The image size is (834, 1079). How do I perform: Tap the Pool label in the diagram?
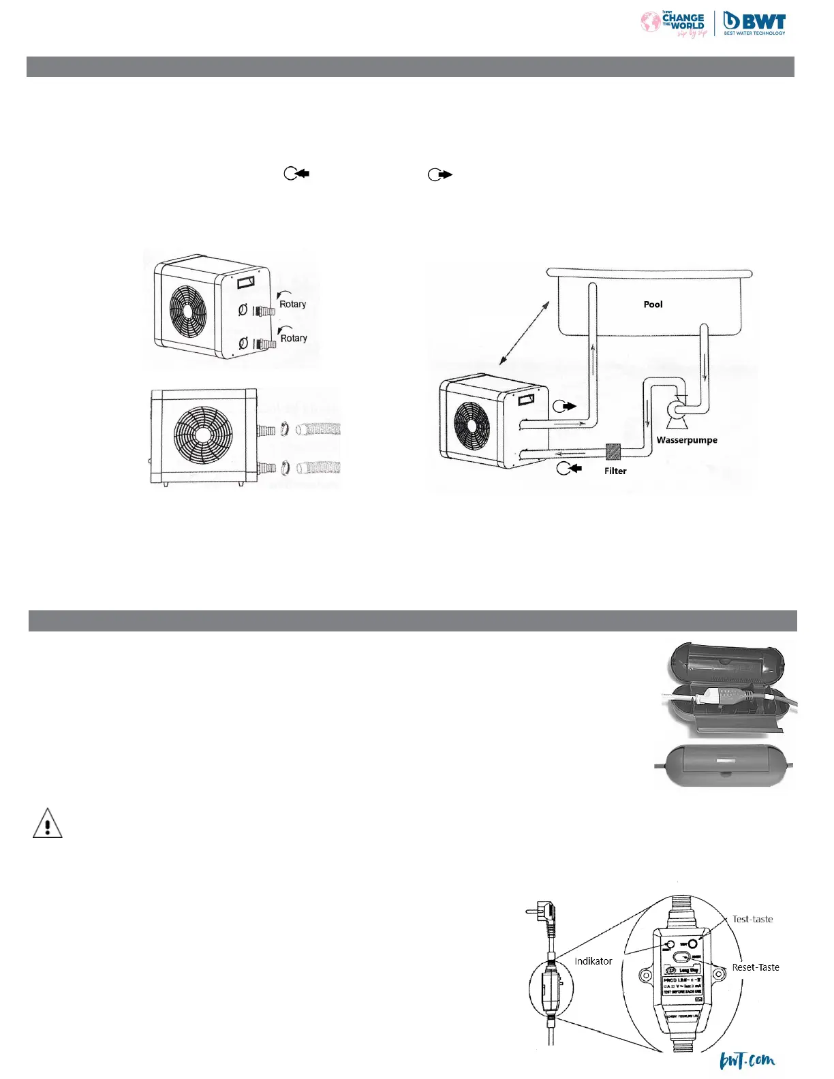point(653,304)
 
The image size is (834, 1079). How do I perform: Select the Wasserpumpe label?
point(687,440)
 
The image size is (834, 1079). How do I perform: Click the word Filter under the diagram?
point(615,471)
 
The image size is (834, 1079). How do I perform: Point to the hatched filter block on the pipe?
point(613,452)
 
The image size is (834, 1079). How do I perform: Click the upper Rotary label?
point(293,304)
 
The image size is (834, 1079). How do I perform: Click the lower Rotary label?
point(294,338)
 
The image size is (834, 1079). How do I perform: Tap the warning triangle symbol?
point(48,824)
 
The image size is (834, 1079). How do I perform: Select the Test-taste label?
point(752,919)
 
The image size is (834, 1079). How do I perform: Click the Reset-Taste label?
point(756,967)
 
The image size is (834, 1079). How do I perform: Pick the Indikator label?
point(593,961)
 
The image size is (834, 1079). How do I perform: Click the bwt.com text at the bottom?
point(747,1061)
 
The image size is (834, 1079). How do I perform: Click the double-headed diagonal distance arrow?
point(524,333)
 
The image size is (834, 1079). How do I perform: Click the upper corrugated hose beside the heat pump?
point(319,431)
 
